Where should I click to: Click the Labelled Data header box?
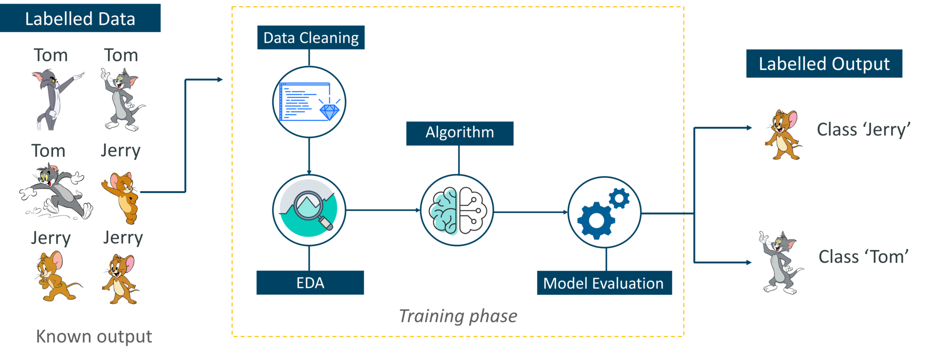[x=80, y=19]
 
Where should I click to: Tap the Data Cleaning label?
[x=311, y=37]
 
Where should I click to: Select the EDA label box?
[x=310, y=283]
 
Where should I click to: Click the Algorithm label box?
[x=459, y=133]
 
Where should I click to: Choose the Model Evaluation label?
[x=604, y=283]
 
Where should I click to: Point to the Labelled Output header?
[x=824, y=64]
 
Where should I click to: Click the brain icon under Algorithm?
[x=457, y=210]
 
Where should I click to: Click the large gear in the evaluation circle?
[x=596, y=220]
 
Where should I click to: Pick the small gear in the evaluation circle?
[x=619, y=198]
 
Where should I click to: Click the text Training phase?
[x=458, y=316]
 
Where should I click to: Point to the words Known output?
[x=93, y=337]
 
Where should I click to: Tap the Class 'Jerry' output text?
[x=863, y=130]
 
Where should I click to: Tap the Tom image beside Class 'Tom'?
[x=780, y=263]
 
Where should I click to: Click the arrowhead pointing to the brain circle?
[x=418, y=210]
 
